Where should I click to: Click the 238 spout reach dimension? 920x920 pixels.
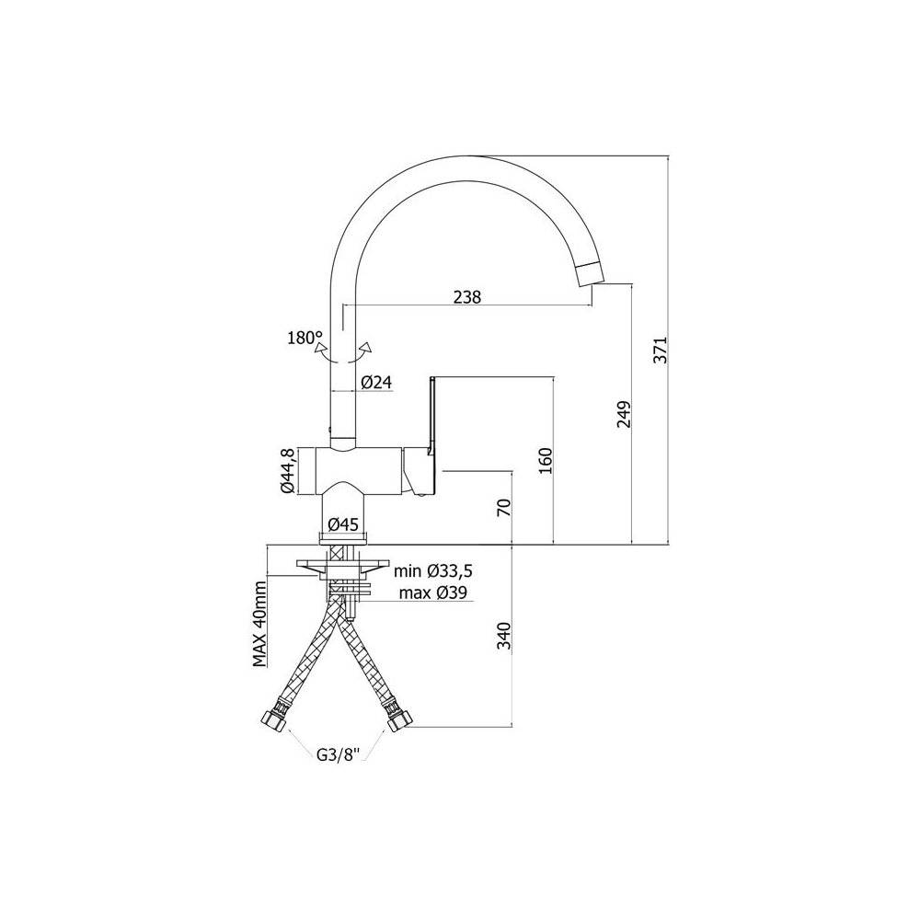click(x=467, y=297)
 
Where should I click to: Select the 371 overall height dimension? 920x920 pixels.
click(x=661, y=351)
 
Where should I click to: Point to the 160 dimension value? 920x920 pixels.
click(x=545, y=461)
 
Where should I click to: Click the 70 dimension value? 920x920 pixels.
click(x=504, y=507)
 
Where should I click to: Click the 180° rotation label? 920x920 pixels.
click(x=305, y=338)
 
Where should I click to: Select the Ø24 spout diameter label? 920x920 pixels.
click(x=376, y=383)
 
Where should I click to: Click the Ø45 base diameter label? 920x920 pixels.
click(x=343, y=524)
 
